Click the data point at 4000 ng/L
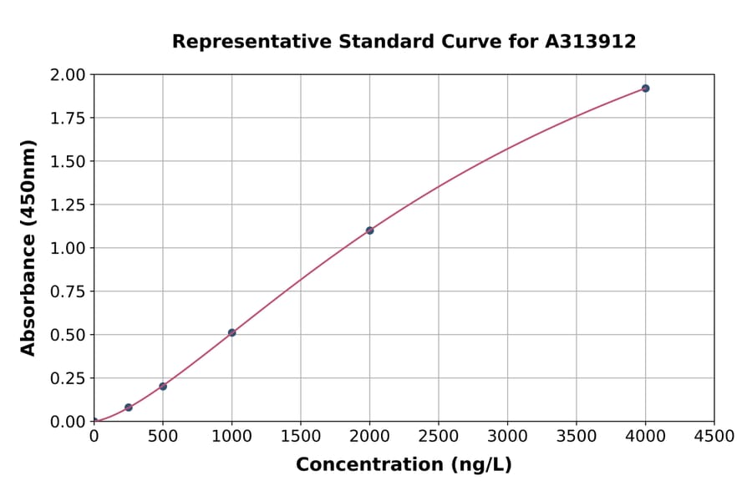[x=645, y=89]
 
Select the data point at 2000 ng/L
[x=369, y=230]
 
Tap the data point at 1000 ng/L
[x=231, y=332]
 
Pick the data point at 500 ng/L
[x=163, y=387]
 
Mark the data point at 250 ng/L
[x=129, y=407]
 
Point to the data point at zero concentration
[x=94, y=422]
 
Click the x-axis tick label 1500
[x=301, y=437]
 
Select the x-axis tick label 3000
[x=507, y=437]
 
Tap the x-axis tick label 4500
[x=714, y=437]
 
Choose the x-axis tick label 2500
[x=439, y=437]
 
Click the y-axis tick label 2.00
[x=68, y=75]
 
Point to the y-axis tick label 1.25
[x=68, y=205]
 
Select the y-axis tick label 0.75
[x=68, y=291]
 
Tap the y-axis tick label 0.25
[x=68, y=378]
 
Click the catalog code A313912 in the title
[x=591, y=41]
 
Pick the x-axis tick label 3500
[x=576, y=437]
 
